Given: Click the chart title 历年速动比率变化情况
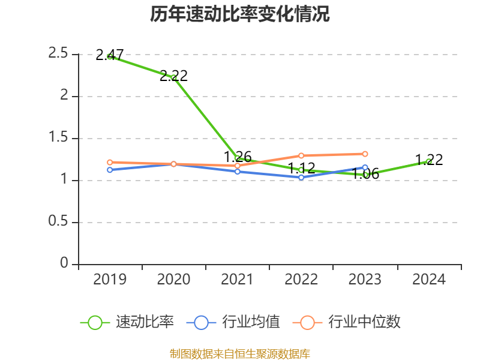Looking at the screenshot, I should (240, 14).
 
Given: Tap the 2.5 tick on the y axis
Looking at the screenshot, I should (59, 54).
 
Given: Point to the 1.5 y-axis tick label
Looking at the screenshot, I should (59, 138).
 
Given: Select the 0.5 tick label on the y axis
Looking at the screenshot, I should (59, 222).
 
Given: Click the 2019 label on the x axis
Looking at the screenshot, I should (110, 280).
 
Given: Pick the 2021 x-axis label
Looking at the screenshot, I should (238, 280).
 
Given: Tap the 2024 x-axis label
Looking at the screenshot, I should (429, 280).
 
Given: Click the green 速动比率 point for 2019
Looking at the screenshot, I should (110, 56).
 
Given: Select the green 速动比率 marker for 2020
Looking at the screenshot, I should (173, 77).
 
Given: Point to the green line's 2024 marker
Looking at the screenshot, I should (429, 161).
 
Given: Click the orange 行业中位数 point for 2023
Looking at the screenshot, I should (365, 154).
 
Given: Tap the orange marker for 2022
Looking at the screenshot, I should (301, 156).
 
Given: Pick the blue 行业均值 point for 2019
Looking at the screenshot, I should (110, 170).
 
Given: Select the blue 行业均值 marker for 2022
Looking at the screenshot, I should (301, 178).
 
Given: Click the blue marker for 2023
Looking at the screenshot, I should (365, 168).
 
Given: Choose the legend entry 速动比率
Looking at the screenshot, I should (127, 322).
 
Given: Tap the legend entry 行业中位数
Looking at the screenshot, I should (347, 322).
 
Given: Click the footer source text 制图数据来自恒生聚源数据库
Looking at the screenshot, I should (240, 354).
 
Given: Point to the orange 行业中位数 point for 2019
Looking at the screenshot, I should (110, 162).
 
